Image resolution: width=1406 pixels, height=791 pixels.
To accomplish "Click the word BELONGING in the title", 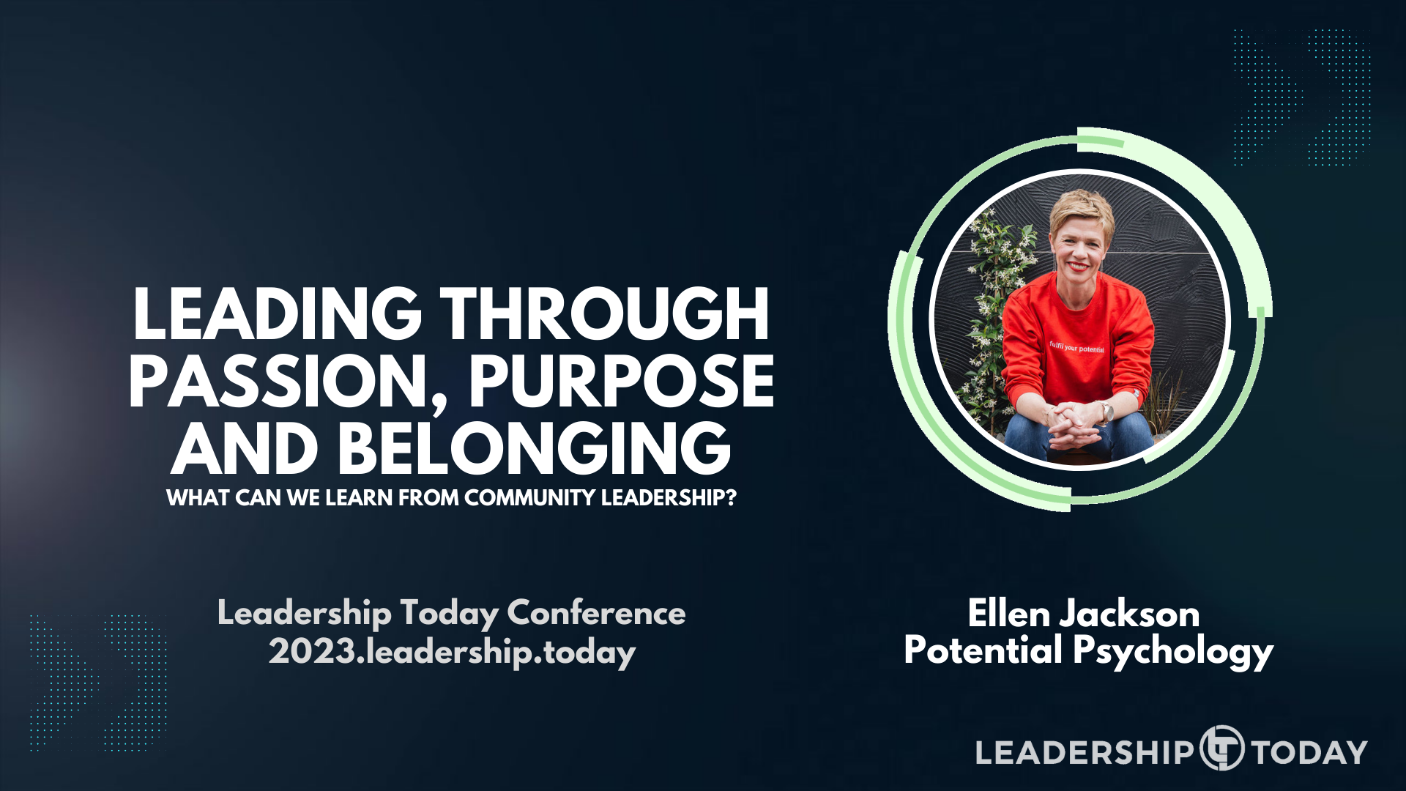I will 534,449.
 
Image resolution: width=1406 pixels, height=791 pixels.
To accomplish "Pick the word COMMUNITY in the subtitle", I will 529,498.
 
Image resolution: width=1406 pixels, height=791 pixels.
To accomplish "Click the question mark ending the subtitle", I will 730,498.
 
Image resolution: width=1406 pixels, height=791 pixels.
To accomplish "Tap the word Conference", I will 596,613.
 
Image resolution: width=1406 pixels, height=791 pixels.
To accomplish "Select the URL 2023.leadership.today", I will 452,652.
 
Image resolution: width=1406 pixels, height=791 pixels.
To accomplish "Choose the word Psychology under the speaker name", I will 1173,652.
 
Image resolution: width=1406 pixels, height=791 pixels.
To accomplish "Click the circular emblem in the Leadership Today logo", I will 1221,749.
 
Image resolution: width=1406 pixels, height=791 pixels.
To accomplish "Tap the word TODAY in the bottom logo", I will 1309,752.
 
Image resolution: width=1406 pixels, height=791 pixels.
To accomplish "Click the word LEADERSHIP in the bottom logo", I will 1084,752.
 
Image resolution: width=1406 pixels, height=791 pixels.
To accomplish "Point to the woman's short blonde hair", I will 1081,208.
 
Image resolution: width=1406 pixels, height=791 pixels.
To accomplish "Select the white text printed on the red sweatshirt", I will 1076,347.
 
